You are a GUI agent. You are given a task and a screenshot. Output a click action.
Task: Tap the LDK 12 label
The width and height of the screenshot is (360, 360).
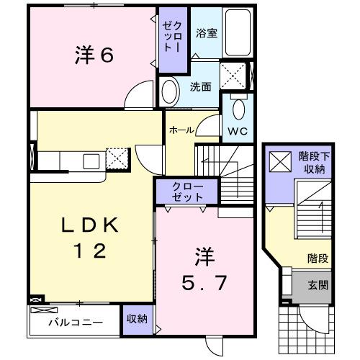pos(89,238)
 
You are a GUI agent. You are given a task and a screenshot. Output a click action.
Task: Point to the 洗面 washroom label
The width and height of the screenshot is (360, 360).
pos(200,86)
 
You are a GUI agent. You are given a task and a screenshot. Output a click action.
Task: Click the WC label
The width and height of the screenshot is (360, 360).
pos(238,132)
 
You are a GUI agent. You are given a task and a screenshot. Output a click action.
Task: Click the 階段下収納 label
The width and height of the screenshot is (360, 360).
pos(311,163)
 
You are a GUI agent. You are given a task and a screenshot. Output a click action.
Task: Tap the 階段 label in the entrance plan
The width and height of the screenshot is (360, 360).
pos(318,256)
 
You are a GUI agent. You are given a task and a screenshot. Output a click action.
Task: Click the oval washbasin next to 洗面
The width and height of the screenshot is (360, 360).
pos(170,91)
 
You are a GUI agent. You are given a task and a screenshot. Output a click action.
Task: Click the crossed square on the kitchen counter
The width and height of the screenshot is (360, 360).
pos(116,156)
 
